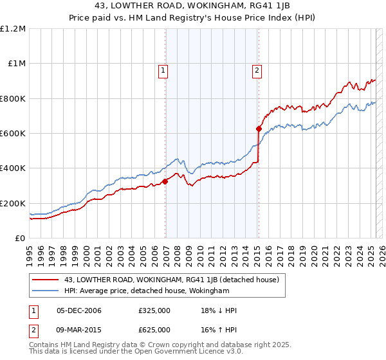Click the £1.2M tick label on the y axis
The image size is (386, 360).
(13, 28)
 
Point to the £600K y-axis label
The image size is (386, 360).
(12, 133)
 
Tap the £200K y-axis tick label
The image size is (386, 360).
(12, 203)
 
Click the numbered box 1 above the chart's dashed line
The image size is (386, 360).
(164, 71)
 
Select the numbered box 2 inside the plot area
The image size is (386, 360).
(257, 71)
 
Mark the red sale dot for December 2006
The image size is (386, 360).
(165, 181)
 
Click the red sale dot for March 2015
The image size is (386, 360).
(258, 129)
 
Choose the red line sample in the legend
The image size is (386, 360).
(46, 280)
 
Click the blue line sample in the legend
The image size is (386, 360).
(46, 291)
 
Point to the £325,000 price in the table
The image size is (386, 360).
(154, 310)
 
